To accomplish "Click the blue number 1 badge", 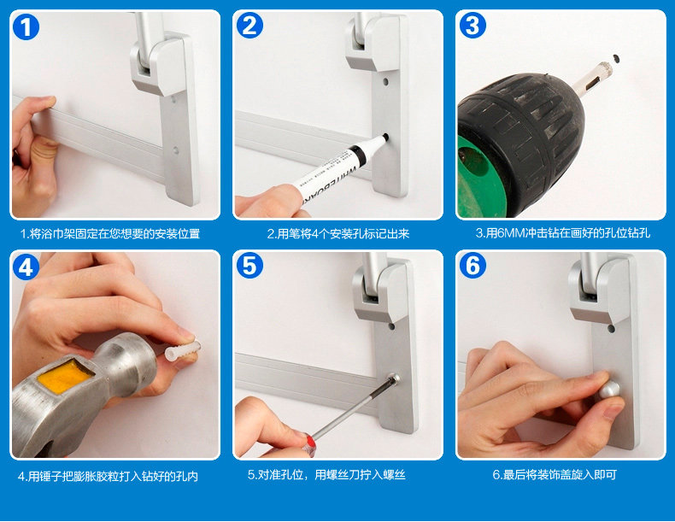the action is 26,26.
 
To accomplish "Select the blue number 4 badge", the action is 26,267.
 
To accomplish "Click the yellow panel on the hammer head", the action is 65,376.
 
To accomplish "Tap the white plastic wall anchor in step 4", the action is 183,350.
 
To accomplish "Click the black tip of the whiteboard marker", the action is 385,138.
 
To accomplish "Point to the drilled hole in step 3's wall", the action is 616,57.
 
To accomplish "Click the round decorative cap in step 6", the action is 610,390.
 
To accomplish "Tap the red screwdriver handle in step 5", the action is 308,443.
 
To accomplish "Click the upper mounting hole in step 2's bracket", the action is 386,81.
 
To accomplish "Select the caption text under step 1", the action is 110,234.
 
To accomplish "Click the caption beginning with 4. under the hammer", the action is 108,477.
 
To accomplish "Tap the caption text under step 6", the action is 555,475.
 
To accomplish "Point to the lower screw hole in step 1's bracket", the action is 176,150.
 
